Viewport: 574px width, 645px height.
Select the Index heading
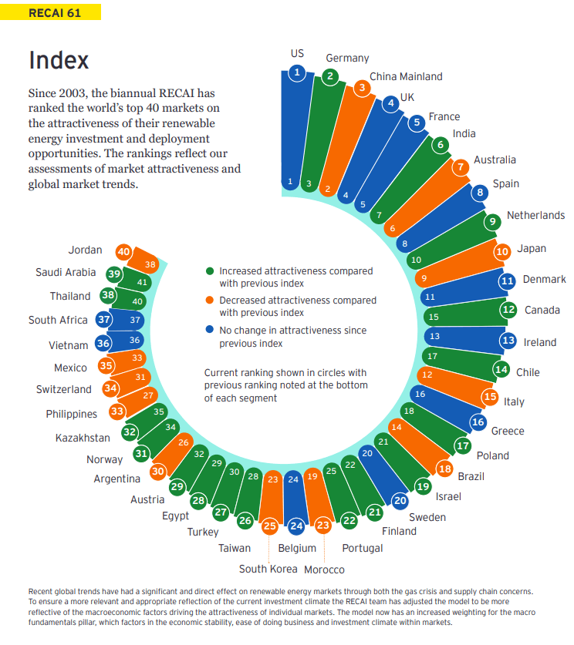(x=59, y=60)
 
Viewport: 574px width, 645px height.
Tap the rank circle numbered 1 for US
(x=297, y=73)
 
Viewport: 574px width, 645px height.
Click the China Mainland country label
(x=406, y=76)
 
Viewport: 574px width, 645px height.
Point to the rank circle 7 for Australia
(x=461, y=166)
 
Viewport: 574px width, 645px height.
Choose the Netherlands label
(x=535, y=215)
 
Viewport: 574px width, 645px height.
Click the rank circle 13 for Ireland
(x=508, y=341)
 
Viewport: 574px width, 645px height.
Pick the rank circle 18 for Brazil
(x=444, y=469)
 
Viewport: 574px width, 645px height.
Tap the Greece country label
(x=508, y=431)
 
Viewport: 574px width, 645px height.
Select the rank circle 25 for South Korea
(x=269, y=526)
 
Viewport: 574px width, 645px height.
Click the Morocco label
(x=324, y=569)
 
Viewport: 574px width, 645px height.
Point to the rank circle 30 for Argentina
(x=158, y=471)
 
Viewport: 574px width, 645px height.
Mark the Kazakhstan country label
(x=83, y=438)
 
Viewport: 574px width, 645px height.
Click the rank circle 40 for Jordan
(x=123, y=251)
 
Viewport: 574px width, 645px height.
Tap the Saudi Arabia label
(x=66, y=272)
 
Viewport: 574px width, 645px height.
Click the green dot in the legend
(x=210, y=271)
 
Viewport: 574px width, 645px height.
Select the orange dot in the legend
(x=210, y=301)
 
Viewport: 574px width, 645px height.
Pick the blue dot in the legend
(x=210, y=330)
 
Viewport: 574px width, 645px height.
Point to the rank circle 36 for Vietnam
(x=103, y=344)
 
